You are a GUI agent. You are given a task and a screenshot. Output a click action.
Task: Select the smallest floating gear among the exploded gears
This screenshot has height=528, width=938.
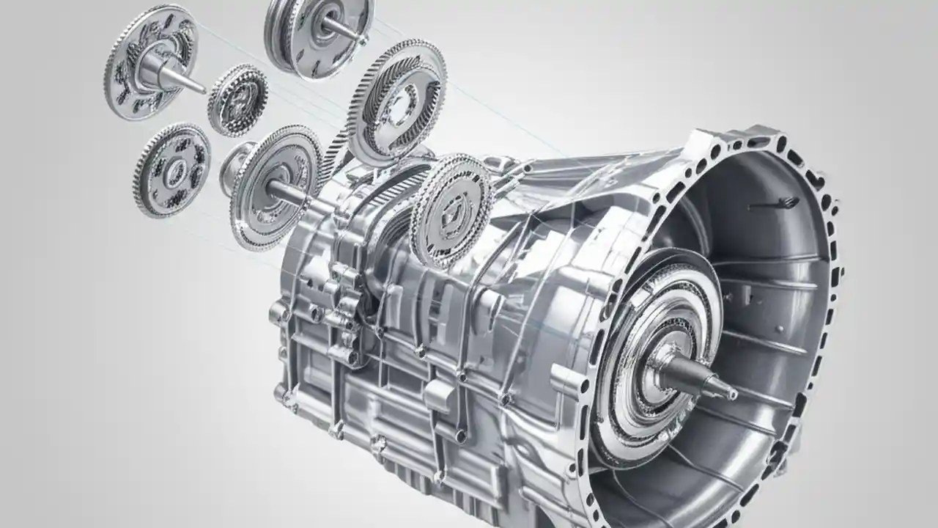point(237,99)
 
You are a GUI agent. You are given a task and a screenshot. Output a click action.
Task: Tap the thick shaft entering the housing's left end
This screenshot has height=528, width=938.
point(289,193)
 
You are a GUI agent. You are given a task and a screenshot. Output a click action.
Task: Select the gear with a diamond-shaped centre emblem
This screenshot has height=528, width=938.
point(451,210)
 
